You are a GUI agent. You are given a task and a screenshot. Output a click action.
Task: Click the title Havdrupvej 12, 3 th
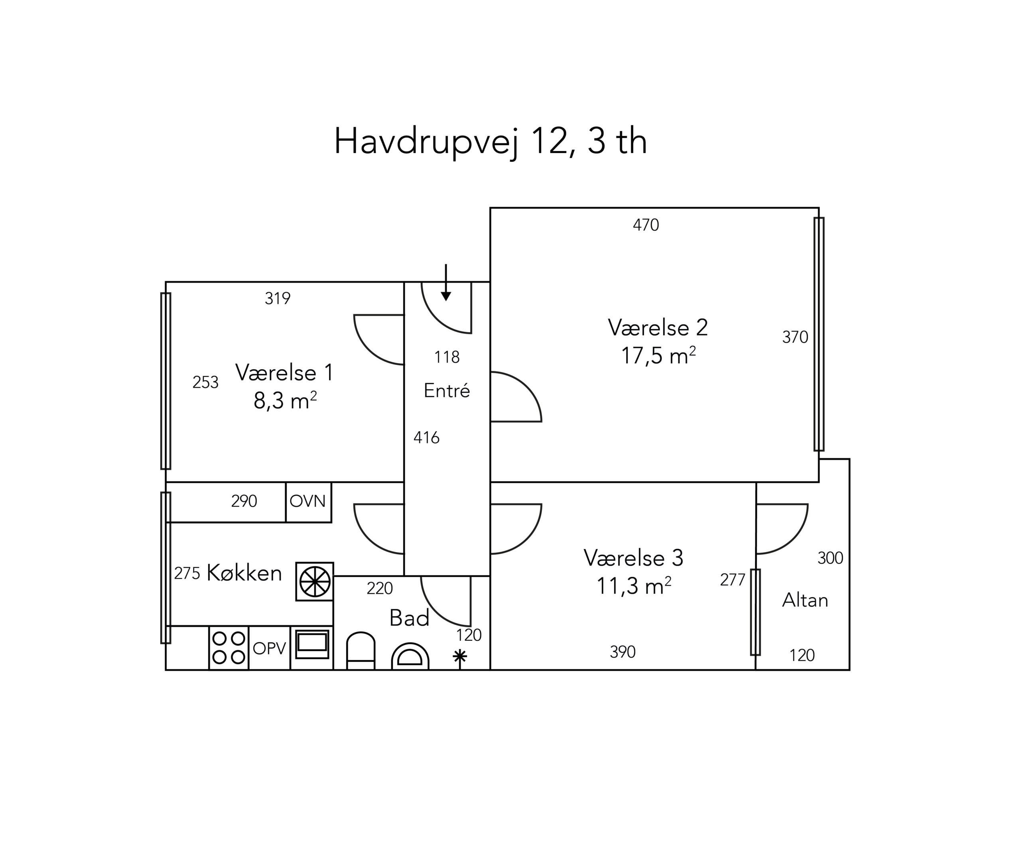click(x=491, y=142)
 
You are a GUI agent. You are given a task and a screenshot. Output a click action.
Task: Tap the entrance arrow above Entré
click(x=446, y=283)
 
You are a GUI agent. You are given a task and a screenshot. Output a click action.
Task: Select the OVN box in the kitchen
click(x=308, y=502)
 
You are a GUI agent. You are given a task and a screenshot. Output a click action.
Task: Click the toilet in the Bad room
click(x=361, y=651)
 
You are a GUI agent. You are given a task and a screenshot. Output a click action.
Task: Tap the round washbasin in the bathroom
click(x=410, y=656)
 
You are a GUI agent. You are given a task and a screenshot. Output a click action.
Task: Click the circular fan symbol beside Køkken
click(x=315, y=582)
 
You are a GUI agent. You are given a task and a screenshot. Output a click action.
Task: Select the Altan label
click(x=805, y=601)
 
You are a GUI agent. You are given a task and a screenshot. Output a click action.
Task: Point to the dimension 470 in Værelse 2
click(x=646, y=225)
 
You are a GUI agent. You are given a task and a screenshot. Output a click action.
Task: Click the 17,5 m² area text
click(x=658, y=355)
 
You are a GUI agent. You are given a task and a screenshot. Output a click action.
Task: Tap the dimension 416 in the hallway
click(x=426, y=437)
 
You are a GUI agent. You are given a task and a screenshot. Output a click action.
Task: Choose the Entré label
click(x=447, y=390)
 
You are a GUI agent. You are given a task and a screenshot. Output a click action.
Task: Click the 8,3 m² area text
click(x=285, y=401)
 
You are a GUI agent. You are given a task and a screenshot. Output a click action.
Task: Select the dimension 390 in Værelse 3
click(x=623, y=652)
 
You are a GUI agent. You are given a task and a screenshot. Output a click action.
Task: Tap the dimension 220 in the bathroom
click(x=380, y=589)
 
